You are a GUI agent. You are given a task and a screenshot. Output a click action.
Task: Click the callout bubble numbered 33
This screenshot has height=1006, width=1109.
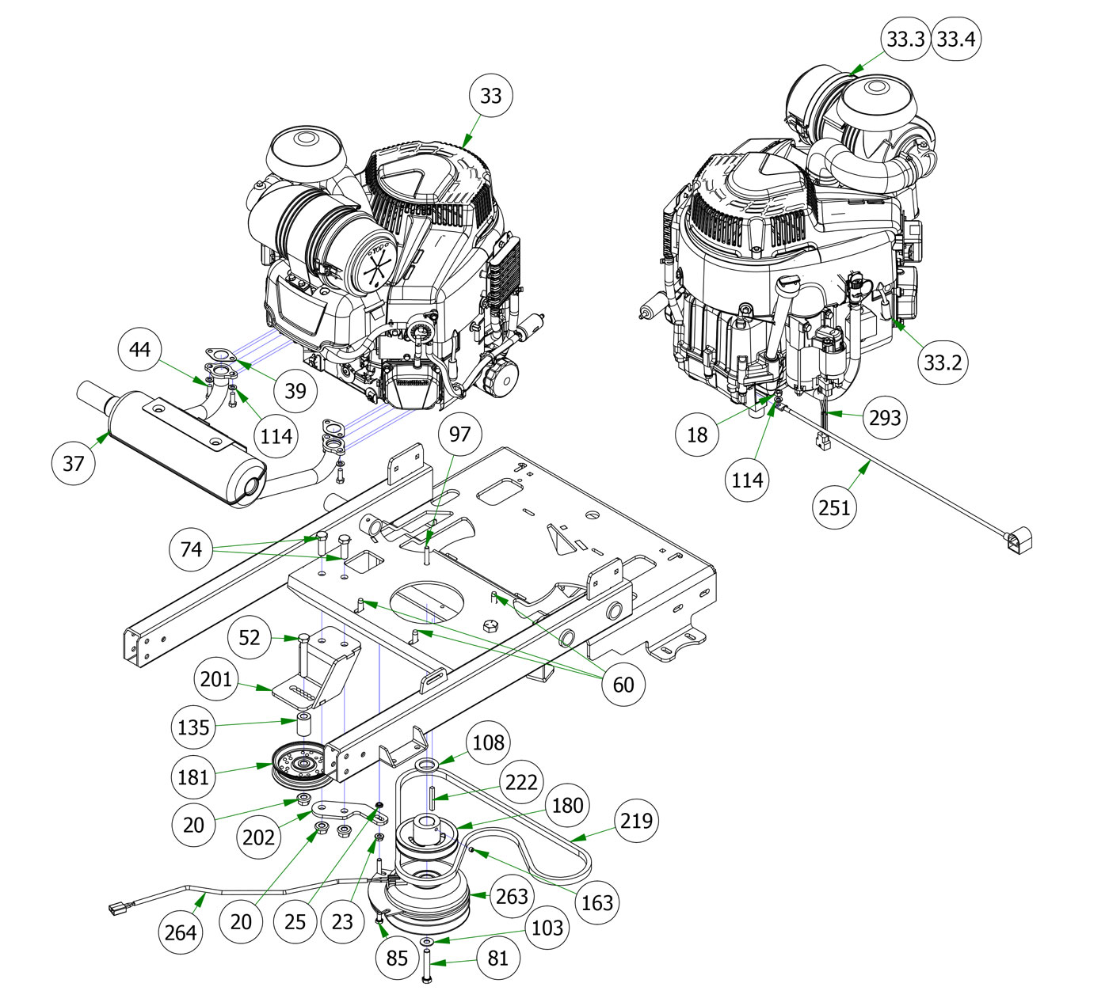click(x=491, y=96)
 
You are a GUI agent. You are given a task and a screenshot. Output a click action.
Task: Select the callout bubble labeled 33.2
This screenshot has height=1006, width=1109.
click(x=943, y=363)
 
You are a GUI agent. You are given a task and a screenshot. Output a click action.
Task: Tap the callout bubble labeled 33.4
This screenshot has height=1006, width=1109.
click(x=955, y=39)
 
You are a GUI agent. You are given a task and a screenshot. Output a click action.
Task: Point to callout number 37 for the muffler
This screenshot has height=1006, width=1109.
click(x=73, y=463)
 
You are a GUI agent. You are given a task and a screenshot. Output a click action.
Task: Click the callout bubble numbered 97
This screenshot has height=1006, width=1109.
click(x=459, y=434)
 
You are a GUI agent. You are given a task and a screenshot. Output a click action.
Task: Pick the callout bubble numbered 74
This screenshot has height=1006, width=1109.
click(x=192, y=549)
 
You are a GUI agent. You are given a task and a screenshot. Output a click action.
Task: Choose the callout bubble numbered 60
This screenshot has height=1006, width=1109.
click(x=623, y=684)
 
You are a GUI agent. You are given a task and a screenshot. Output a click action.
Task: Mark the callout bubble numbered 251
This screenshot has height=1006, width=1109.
click(x=834, y=507)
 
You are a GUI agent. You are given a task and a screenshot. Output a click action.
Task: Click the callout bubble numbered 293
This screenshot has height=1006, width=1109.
click(x=885, y=417)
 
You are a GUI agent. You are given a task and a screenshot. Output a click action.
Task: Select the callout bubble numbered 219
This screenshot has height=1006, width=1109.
click(x=637, y=821)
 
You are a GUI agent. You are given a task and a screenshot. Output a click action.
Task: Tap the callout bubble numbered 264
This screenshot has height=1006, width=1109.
click(x=181, y=932)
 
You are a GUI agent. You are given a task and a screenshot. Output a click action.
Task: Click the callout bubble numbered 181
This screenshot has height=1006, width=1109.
click(x=193, y=777)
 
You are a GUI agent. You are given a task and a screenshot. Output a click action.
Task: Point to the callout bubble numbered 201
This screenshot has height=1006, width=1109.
click(x=216, y=679)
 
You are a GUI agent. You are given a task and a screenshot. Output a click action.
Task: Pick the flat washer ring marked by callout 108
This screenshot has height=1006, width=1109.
click(x=427, y=765)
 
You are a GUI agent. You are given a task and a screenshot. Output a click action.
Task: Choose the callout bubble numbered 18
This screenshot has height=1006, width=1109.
click(x=697, y=435)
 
